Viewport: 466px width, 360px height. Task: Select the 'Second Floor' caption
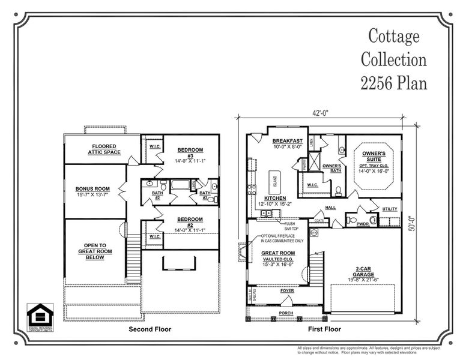(150, 329)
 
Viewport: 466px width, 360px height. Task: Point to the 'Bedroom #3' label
(190, 152)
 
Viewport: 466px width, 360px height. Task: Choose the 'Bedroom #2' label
(190, 223)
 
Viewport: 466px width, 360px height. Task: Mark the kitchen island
(276, 179)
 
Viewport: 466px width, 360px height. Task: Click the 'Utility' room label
(389, 209)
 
